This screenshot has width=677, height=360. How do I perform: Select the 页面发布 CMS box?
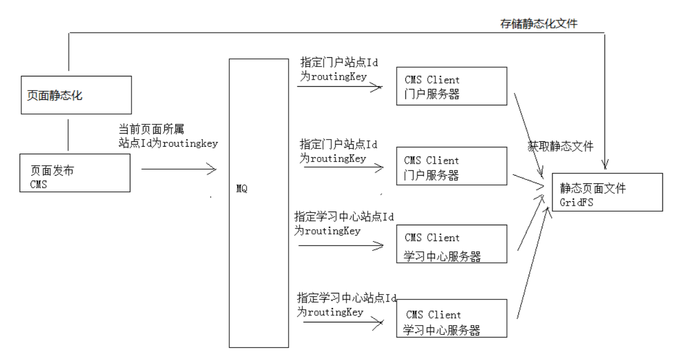[x=75, y=173]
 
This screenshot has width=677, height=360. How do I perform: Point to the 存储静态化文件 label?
[x=538, y=23]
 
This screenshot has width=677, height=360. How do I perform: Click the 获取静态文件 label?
[x=560, y=146]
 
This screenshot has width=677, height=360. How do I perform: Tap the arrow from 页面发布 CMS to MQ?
[x=179, y=169]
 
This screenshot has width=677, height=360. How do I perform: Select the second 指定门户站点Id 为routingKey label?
[x=338, y=151]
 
